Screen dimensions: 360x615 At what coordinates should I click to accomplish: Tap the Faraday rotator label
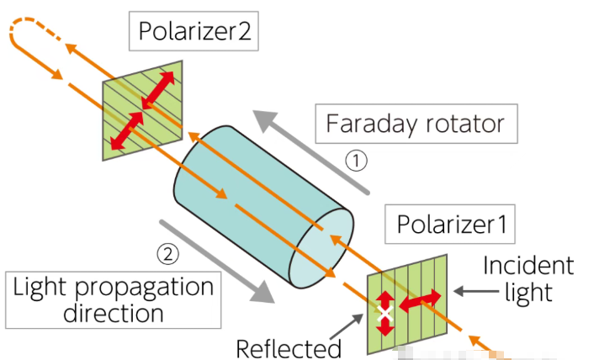click(415, 124)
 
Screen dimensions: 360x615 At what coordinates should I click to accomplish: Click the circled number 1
click(358, 161)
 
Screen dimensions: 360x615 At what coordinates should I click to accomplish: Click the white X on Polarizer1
click(385, 313)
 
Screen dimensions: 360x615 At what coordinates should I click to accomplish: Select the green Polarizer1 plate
click(407, 303)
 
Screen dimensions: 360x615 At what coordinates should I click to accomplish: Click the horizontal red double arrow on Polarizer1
click(418, 299)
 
